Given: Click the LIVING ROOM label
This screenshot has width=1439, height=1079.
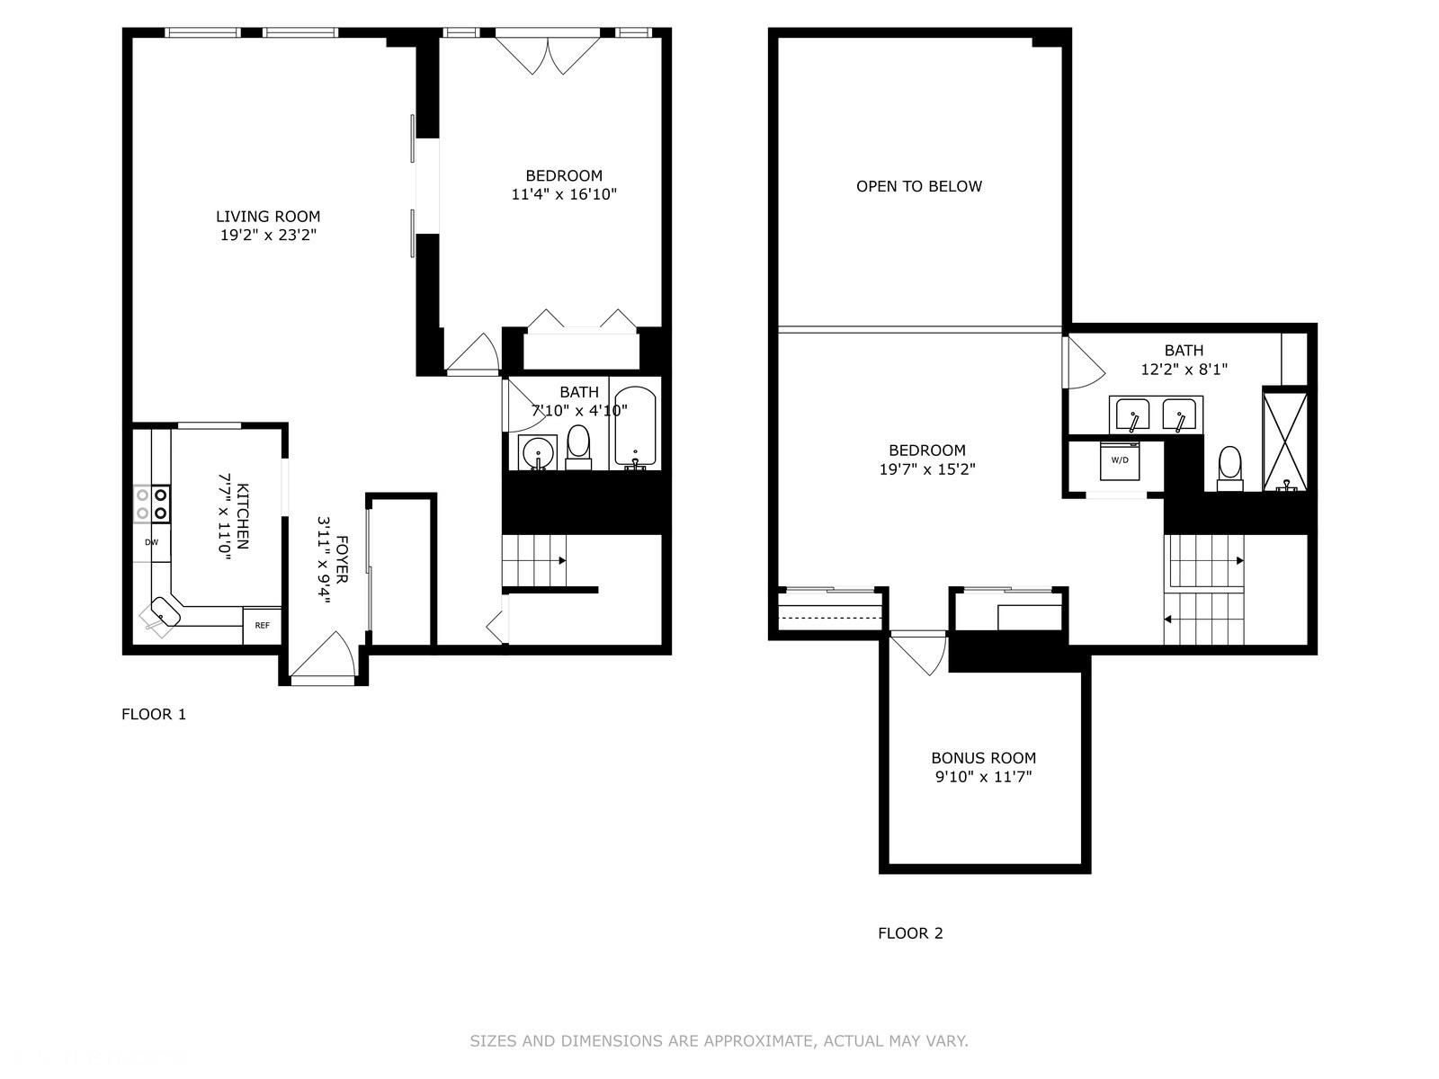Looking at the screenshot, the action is pos(268,216).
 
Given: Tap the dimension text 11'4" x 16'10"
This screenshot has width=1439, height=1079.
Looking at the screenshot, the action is pos(564,194).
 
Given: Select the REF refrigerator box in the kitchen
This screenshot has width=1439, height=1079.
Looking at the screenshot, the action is pos(263,626).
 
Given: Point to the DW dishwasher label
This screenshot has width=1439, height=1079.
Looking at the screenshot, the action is pos(151,542).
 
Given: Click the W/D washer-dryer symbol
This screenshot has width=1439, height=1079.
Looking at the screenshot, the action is pos(1120,459).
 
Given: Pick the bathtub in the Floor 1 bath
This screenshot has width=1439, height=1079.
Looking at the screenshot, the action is pos(635,428).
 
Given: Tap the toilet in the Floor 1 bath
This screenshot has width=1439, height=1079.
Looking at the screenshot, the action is pos(578,448).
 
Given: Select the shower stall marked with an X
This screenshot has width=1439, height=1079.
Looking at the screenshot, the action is pos(1285,441).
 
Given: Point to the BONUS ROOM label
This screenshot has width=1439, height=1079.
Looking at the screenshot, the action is pos(983,758).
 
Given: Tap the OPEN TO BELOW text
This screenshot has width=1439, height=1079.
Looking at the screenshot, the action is pos(919,186).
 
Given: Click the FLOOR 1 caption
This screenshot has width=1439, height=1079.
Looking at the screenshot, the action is pos(154,714).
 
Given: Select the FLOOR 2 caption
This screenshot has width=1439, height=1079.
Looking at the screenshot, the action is pos(910,933).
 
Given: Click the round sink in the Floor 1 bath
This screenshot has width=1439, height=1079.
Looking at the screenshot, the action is pos(538,453).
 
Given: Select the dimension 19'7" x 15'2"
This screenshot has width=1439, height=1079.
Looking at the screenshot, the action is pos(927,469).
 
